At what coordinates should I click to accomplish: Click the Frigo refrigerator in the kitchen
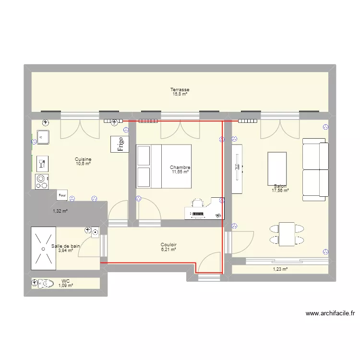[x=120, y=144]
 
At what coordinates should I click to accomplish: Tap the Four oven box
[x=62, y=195]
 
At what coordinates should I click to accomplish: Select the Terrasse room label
[x=180, y=90]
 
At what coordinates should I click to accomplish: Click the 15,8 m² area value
[x=180, y=94]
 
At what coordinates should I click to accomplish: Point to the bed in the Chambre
[x=164, y=167]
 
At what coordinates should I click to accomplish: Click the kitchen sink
[x=43, y=137]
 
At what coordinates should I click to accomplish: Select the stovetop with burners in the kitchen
[x=42, y=181]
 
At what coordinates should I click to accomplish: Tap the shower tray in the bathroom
[x=43, y=249]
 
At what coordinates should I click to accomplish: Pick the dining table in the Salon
[x=287, y=234]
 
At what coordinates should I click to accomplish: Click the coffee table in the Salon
[x=277, y=169]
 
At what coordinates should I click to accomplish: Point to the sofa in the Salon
[x=315, y=169]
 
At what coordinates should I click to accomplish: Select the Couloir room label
[x=168, y=245]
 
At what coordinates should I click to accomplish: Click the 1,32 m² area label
[x=60, y=211]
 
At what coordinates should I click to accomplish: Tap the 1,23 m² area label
[x=280, y=269]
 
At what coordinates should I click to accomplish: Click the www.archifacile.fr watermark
[x=330, y=313]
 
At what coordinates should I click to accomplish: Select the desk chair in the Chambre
[x=198, y=203]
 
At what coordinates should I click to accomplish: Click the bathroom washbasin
[x=95, y=233]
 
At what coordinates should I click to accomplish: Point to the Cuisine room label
[x=83, y=159]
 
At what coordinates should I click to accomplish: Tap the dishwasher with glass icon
[x=42, y=164]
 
